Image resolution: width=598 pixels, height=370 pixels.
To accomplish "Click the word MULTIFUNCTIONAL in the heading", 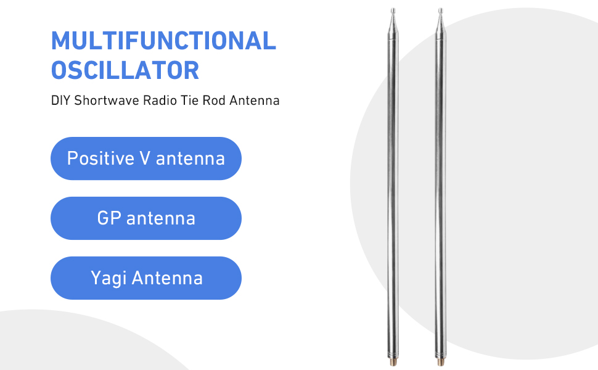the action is tap(163, 41).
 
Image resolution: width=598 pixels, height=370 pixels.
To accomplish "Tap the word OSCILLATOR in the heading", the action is tap(125, 70).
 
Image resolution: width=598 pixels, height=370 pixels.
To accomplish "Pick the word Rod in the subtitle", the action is tap(214, 101).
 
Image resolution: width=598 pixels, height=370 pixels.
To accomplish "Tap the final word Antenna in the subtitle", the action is tap(255, 101).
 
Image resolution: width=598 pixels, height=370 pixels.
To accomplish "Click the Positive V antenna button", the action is tap(146, 158).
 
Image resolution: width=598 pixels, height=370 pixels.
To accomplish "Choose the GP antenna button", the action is tap(146, 218).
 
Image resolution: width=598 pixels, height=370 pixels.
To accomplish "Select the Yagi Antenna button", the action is tap(146, 277).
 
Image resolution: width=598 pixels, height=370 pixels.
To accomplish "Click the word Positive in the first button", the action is tap(100, 158).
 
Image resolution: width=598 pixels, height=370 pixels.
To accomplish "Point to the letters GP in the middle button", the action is tap(109, 218).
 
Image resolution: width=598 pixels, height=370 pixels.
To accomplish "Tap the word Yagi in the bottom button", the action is tap(109, 279).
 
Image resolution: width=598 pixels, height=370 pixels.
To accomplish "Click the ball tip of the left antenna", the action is tap(393, 10).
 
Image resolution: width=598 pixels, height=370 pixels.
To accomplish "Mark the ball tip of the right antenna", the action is tap(441, 10).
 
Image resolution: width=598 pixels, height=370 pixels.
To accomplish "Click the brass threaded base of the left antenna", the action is tap(393, 361).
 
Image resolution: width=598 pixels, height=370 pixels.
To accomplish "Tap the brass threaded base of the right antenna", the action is tap(441, 361).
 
